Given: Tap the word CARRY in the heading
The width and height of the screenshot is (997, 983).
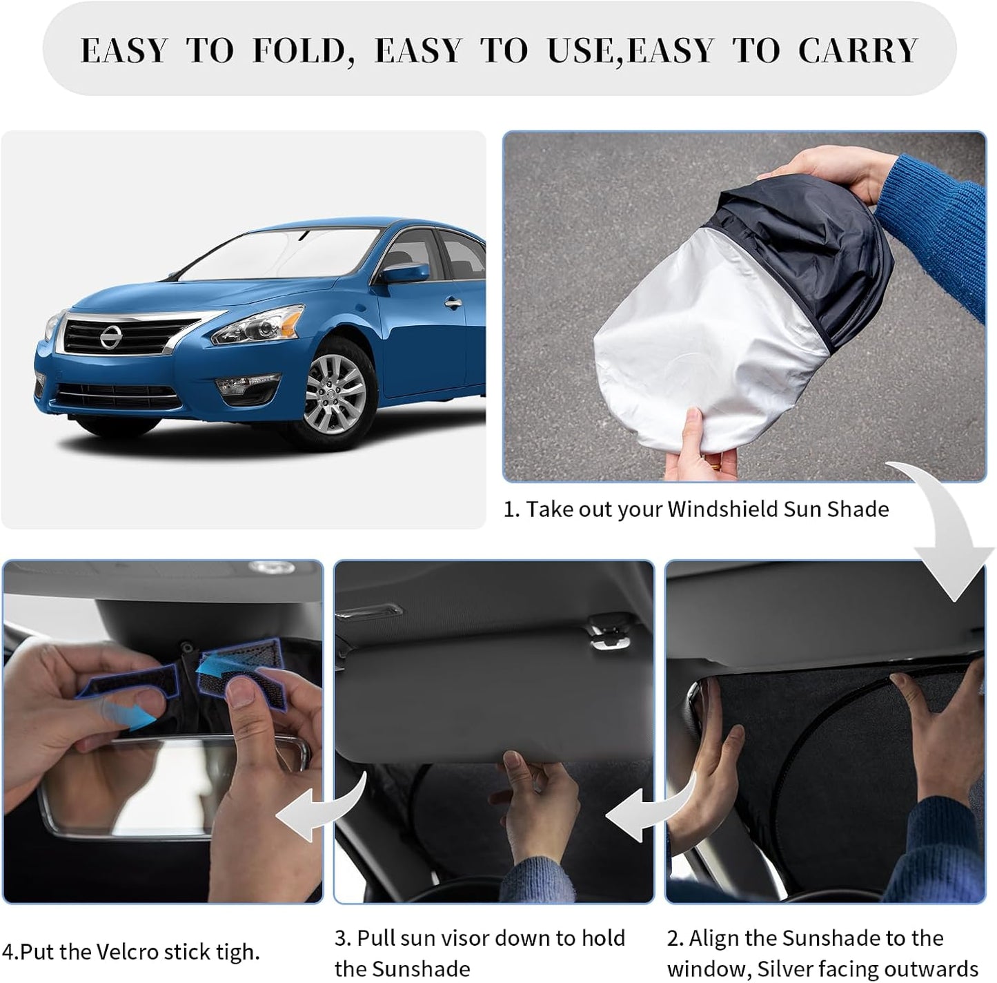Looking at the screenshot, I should pyautogui.click(x=858, y=51).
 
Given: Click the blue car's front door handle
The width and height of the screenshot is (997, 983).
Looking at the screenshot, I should pyautogui.click(x=453, y=303).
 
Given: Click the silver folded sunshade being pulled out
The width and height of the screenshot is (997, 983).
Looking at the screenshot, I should pyautogui.click(x=704, y=345).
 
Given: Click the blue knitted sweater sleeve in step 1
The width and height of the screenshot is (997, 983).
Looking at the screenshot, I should pyautogui.click(x=938, y=221).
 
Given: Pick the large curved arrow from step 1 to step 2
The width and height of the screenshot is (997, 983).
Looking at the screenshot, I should pyautogui.click(x=949, y=532).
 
